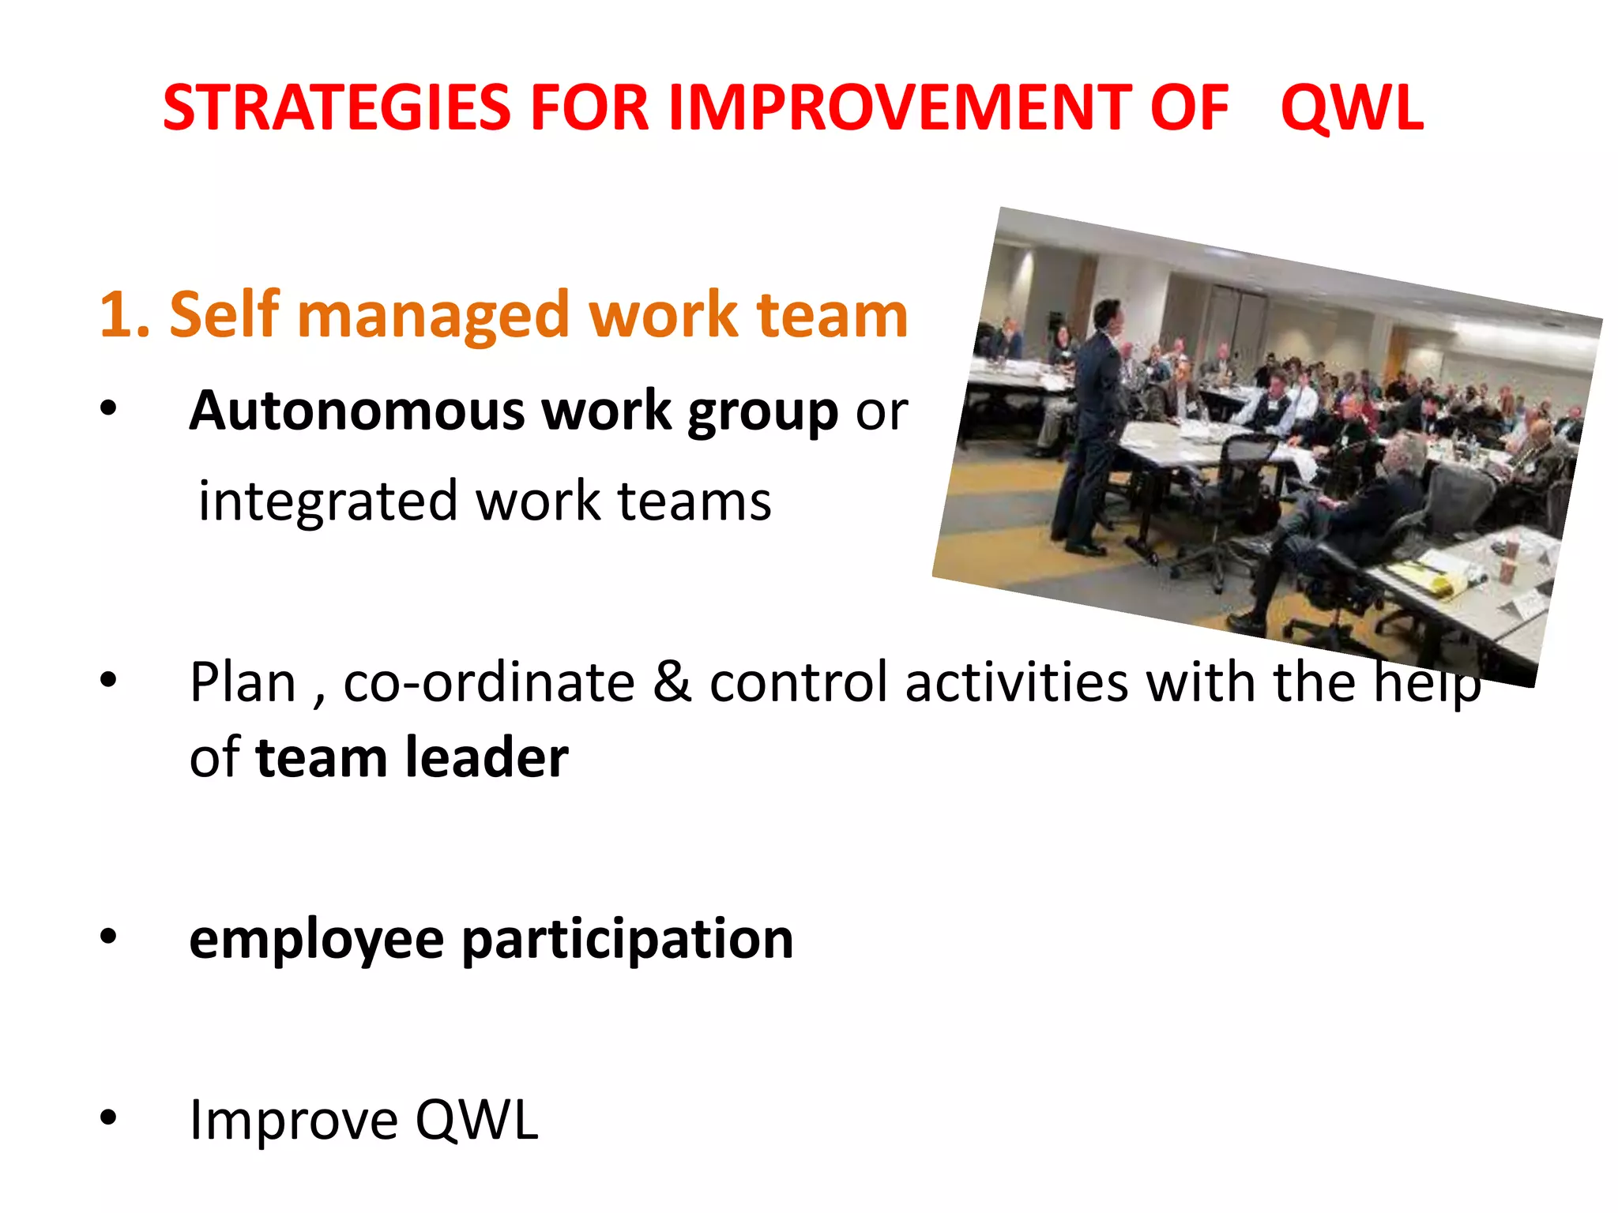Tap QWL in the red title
coord(1352,108)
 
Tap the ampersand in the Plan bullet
coord(672,682)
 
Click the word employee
coord(316,941)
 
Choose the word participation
coord(627,941)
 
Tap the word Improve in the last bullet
coord(293,1121)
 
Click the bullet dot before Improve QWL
coord(108,1117)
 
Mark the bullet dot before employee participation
coord(108,937)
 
